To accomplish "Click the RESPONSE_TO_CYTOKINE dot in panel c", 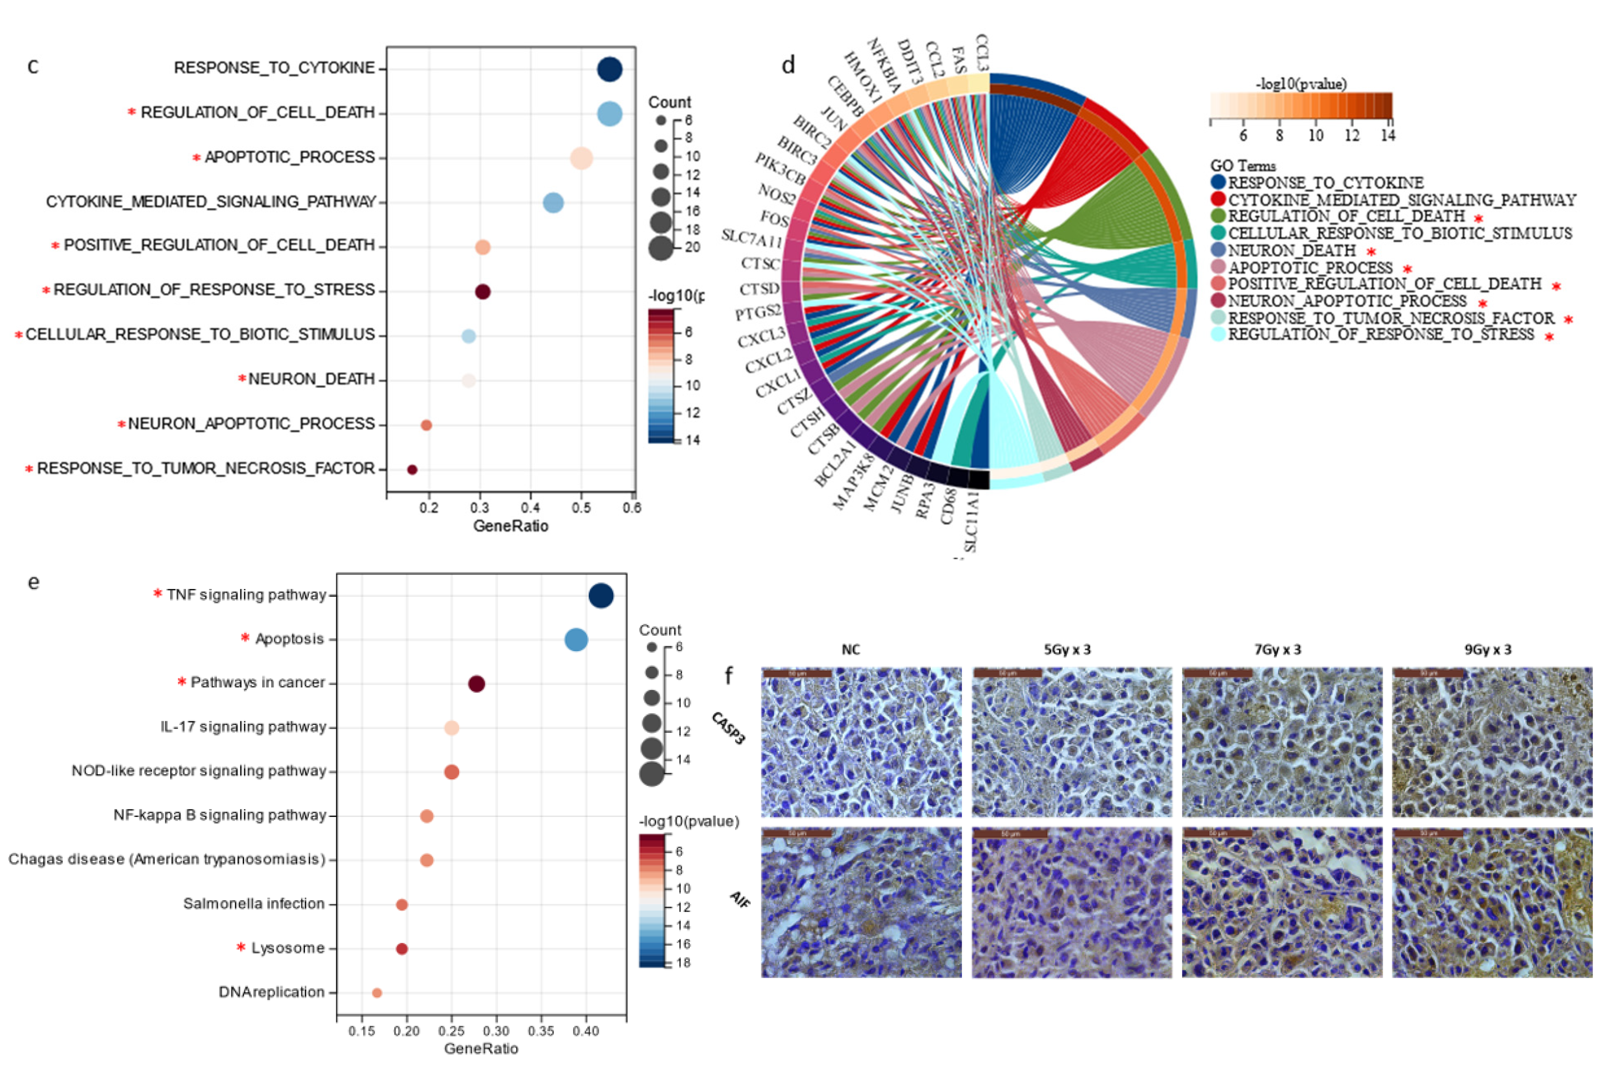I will point(609,69).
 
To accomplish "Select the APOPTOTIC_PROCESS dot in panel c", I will point(581,158).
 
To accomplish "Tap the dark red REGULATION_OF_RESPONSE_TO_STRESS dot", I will point(482,291).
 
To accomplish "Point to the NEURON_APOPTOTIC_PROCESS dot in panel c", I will point(426,425).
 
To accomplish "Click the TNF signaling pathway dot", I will point(600,596).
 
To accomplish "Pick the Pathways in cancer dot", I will point(477,684).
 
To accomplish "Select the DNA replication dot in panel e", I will point(377,993).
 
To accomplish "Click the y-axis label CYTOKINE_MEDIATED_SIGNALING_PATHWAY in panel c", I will point(211,202).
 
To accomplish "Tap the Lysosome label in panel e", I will point(288,948).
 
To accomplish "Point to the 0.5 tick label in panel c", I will point(581,508).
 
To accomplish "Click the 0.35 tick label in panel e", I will point(540,1031).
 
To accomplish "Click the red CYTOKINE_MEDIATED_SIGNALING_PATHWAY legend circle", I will point(1219,199).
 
